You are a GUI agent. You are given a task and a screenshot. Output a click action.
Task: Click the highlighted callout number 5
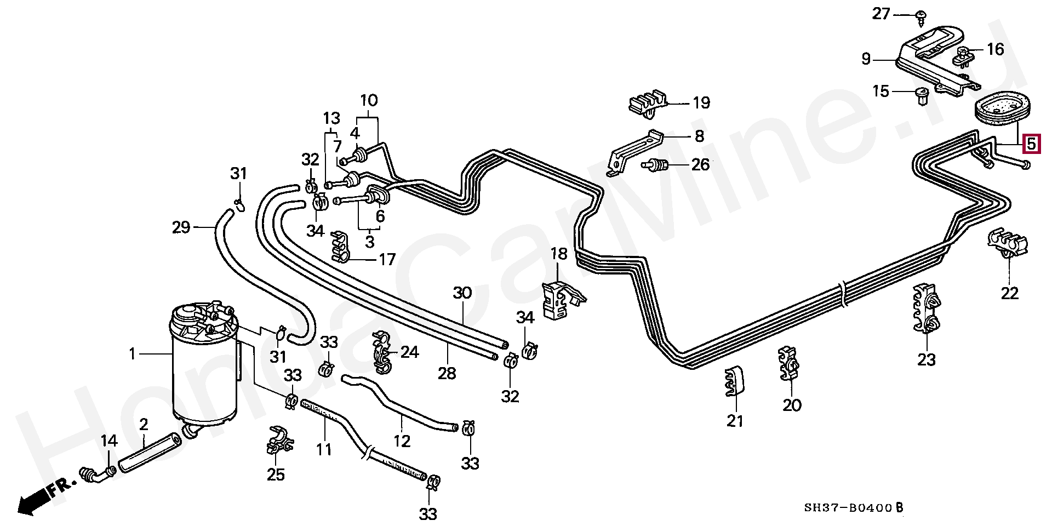click(x=1031, y=145)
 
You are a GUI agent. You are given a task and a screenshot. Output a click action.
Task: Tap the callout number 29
click(x=181, y=226)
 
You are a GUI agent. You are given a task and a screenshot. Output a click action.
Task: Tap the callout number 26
click(x=700, y=164)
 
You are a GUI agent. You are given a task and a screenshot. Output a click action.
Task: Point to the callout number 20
click(x=792, y=405)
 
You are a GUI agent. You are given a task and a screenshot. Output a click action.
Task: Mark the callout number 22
click(x=1009, y=293)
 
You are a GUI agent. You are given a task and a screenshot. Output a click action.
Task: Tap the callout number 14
click(x=109, y=442)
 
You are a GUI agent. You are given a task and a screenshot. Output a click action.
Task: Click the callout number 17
click(x=387, y=259)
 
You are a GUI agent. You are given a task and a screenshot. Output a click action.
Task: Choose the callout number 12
click(x=402, y=441)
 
